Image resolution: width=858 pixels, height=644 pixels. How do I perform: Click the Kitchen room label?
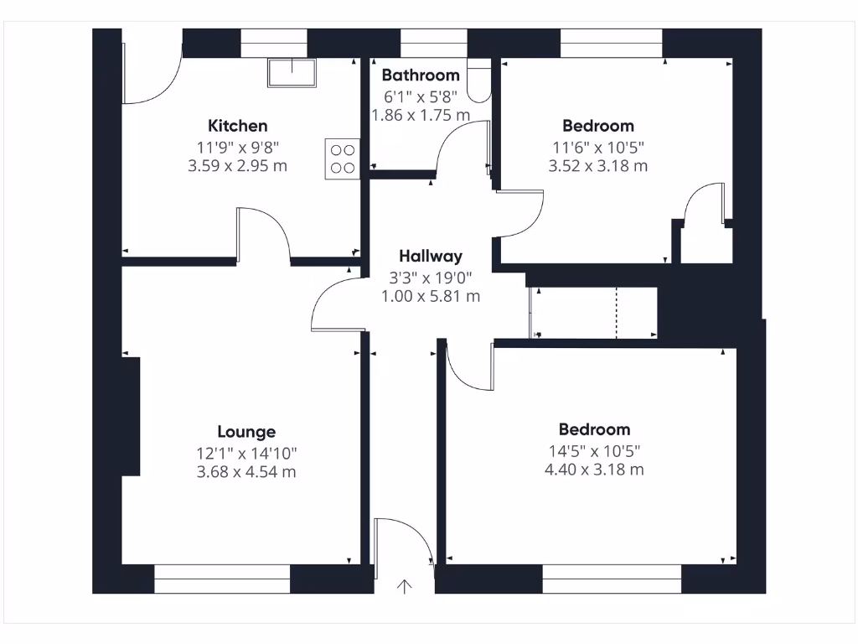click(x=238, y=126)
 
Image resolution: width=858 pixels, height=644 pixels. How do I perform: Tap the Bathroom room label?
click(x=421, y=75)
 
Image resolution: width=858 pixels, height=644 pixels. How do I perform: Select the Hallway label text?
click(x=430, y=257)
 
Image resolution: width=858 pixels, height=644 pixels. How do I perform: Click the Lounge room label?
click(x=246, y=432)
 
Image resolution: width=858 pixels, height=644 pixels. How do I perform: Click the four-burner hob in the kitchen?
click(x=342, y=158)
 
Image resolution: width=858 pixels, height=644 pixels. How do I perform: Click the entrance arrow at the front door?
click(x=405, y=586)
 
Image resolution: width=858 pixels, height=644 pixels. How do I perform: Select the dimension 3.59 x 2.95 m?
click(x=238, y=166)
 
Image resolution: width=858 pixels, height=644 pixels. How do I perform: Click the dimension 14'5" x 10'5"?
click(x=594, y=449)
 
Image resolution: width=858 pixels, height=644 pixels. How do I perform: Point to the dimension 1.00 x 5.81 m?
click(x=431, y=296)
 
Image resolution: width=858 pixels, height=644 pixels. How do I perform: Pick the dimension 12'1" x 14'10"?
click(x=246, y=453)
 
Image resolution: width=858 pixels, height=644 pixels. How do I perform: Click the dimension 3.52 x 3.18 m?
click(x=597, y=166)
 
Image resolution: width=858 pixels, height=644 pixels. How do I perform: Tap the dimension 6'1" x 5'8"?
click(x=421, y=96)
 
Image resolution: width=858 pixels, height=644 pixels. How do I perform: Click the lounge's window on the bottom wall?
click(x=222, y=579)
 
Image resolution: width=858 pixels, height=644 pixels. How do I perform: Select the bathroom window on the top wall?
click(x=433, y=43)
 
